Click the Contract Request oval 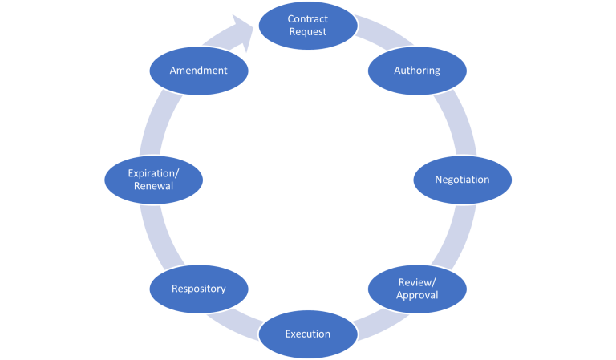coord(308,26)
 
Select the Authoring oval coord(417,71)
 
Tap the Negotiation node coord(462,180)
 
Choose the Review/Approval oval coord(417,289)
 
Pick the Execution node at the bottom coord(308,334)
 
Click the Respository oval coord(199,289)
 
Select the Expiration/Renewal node coord(154,180)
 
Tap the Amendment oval coord(199,71)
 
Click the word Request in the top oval coord(308,32)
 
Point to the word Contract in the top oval coord(308,19)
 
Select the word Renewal coord(154,186)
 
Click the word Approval coord(417,295)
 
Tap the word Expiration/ coord(154,172)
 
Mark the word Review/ coord(417,282)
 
